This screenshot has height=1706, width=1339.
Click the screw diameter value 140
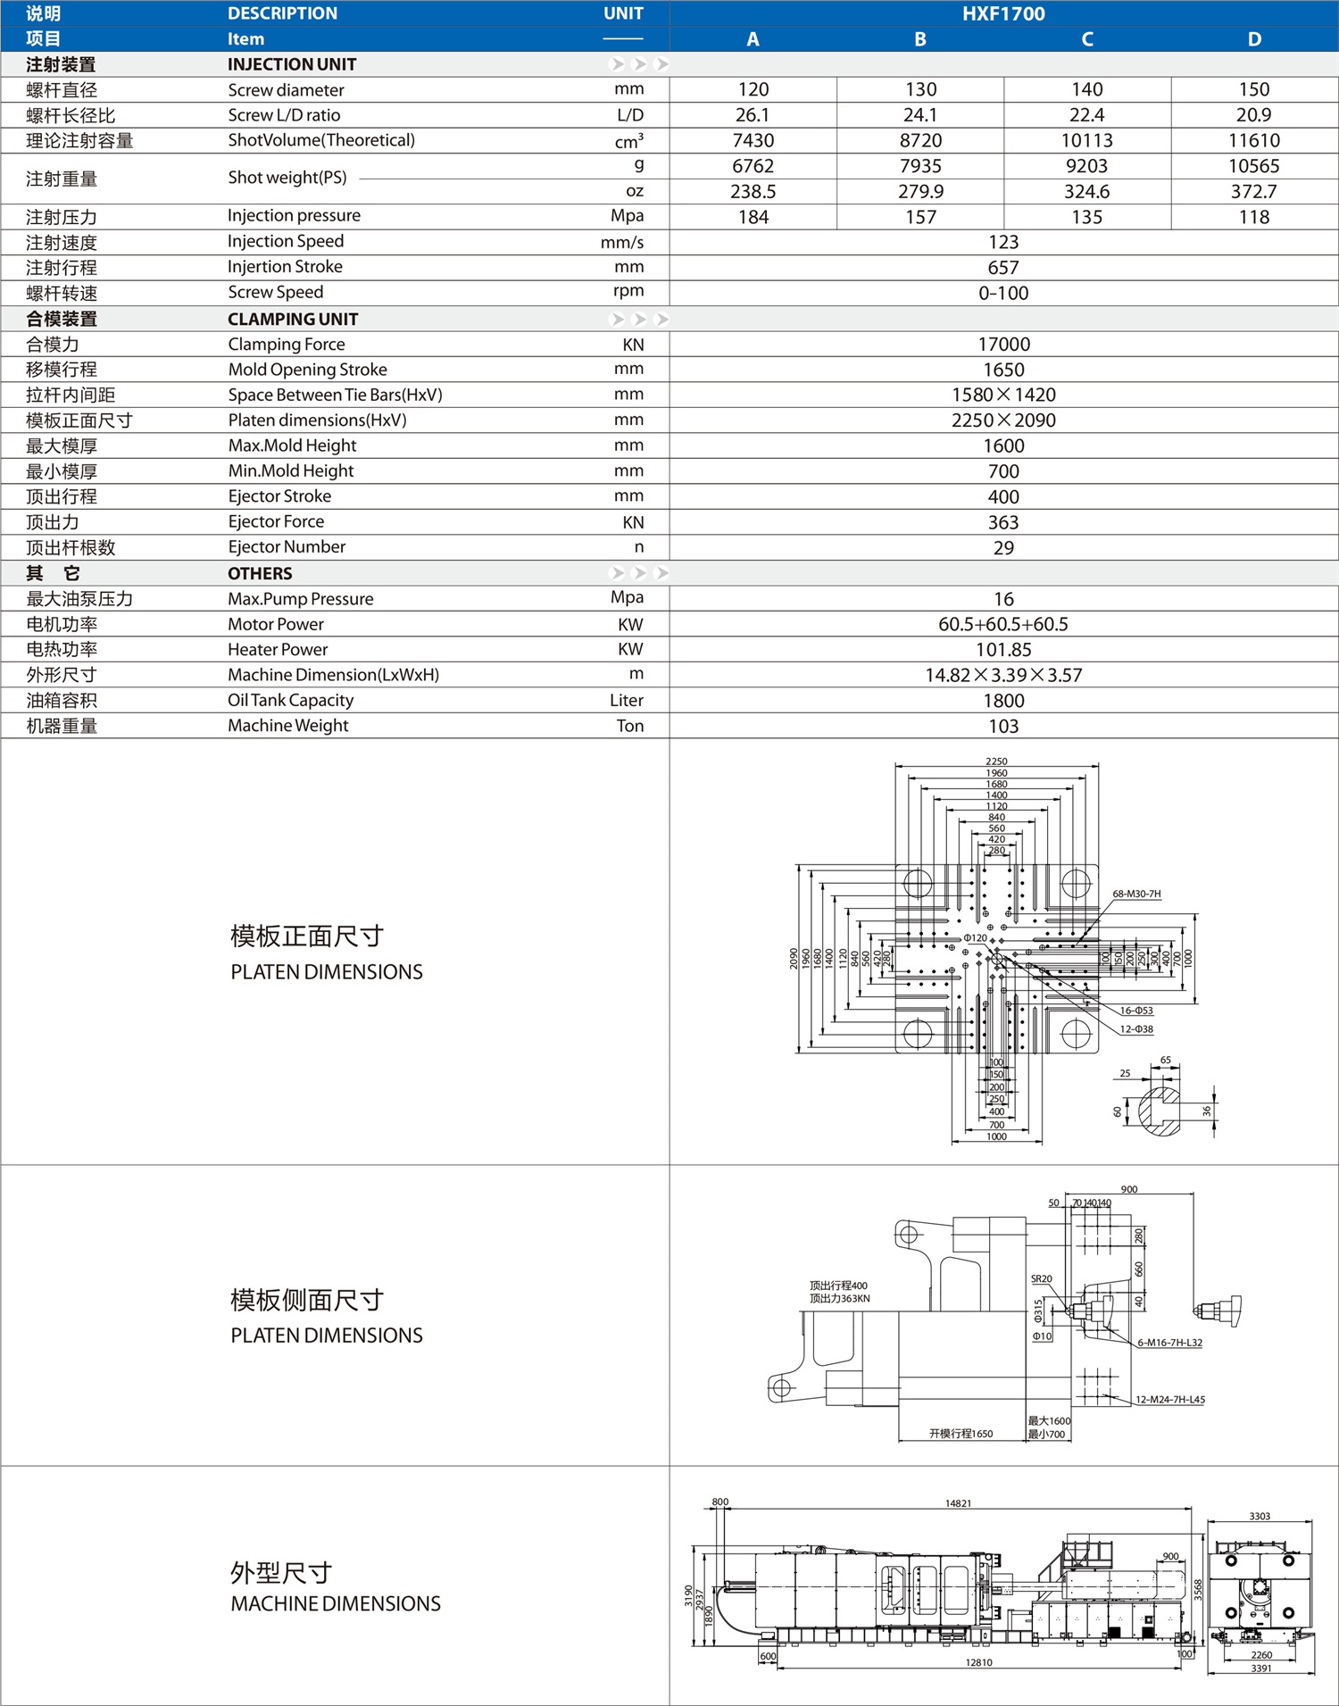[1086, 89]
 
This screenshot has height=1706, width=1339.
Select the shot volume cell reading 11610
[1253, 140]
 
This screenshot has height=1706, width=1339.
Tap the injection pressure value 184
[753, 217]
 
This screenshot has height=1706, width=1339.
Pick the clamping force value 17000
[1003, 345]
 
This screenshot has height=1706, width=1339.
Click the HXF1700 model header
[1003, 13]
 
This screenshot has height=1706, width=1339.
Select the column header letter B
[919, 39]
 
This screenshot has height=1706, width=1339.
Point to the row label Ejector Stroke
[279, 496]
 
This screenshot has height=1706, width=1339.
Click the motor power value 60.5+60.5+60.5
[1003, 624]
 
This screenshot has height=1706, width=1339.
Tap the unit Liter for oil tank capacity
[626, 701]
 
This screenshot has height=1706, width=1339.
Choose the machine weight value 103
[1003, 727]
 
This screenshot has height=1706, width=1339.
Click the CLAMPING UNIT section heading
[293, 320]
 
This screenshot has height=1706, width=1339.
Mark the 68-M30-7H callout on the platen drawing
[1136, 894]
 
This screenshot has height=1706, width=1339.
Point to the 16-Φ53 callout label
[1136, 1011]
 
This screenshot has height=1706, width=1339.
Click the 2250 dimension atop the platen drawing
[996, 761]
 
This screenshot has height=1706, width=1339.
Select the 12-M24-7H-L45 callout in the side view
[1169, 1400]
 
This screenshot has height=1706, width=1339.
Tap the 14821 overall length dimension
[958, 1503]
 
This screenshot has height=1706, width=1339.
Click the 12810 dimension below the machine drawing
[978, 1662]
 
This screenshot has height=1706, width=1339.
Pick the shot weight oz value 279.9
[919, 192]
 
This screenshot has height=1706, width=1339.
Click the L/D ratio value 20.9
[1253, 115]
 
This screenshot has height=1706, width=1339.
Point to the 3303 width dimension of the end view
[1260, 1516]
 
